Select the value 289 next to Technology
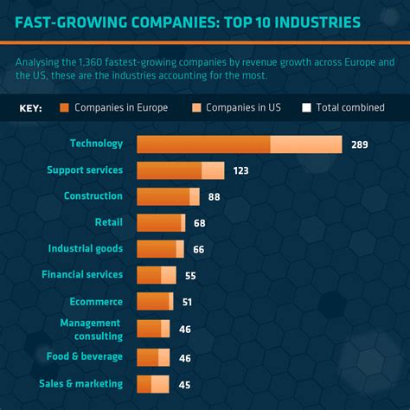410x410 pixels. point(360,144)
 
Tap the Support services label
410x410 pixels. point(85,170)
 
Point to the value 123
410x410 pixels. point(240,171)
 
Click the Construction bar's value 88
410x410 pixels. point(214,197)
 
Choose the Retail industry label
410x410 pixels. point(108,222)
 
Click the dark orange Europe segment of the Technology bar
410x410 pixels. point(203,144)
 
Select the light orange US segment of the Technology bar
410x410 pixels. point(306,144)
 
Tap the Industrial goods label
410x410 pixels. point(85,248)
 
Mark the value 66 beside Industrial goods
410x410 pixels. point(198,250)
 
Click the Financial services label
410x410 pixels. point(82,275)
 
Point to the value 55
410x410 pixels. point(190,276)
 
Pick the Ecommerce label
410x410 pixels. point(95,302)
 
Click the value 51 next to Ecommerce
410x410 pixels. point(187,303)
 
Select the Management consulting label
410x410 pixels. point(91,329)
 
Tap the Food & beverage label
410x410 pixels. point(85,356)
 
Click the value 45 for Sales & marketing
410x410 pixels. point(183,384)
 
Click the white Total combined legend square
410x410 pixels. point(306,108)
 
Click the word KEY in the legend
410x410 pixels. point(30,109)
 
